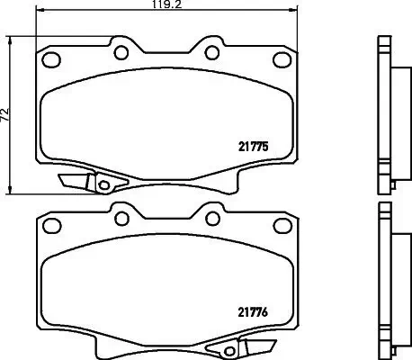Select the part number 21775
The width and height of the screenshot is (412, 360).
click(x=254, y=143)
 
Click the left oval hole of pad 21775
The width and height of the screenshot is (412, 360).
click(x=52, y=61)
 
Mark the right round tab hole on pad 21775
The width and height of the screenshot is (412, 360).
click(x=208, y=49)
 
